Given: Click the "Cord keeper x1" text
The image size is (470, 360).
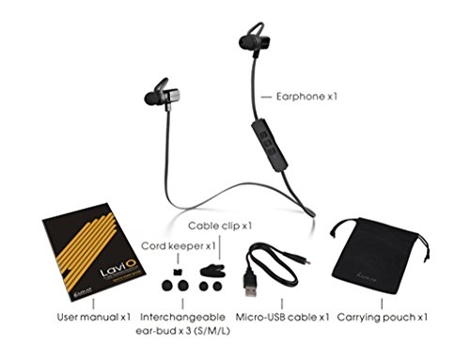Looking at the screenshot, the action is pos(180,246).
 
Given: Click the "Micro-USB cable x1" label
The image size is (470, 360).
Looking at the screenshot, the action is pos(282,317).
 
